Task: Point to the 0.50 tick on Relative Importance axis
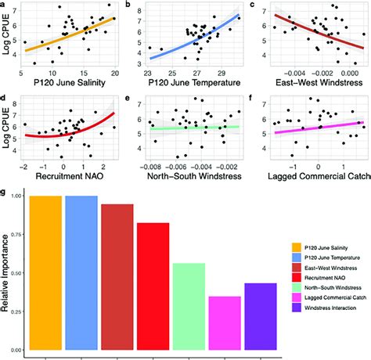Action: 16,272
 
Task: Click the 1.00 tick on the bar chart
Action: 16,196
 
